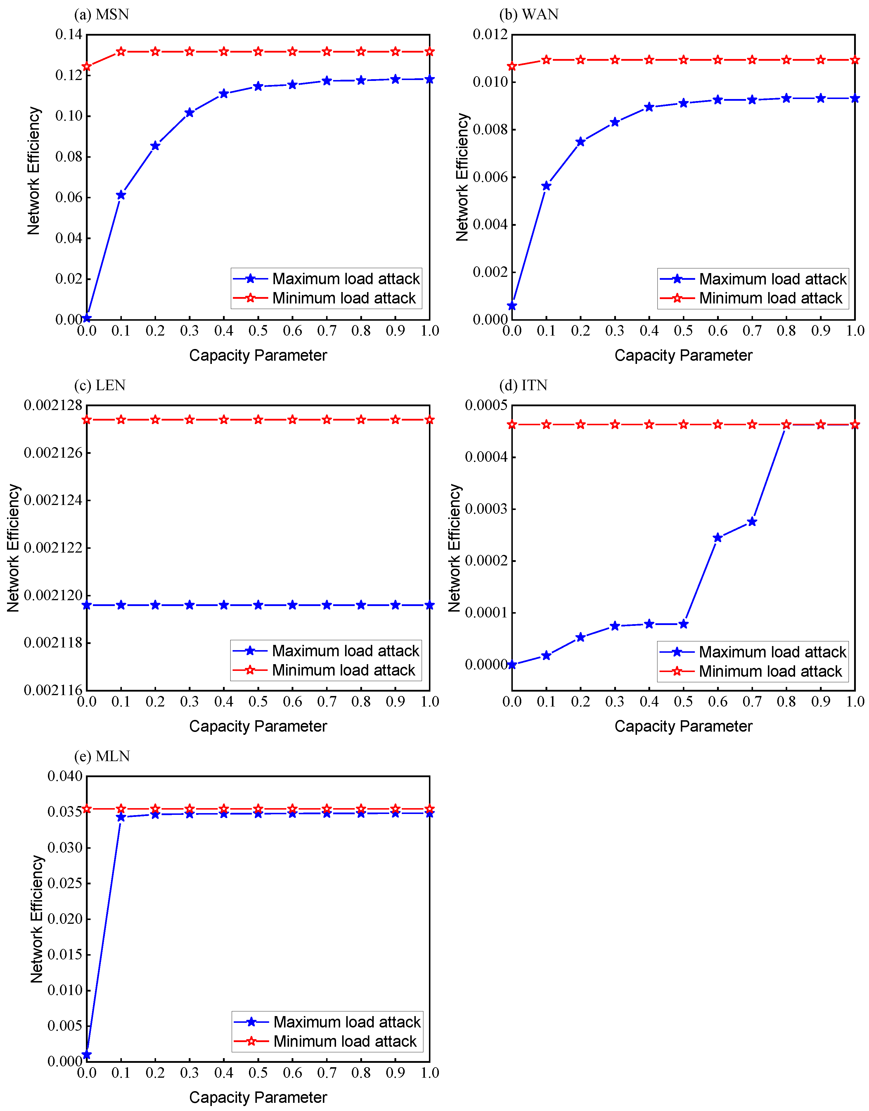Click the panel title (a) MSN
point(101,14)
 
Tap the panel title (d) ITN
point(523,385)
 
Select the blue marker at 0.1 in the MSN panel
point(121,195)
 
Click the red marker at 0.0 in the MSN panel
point(86,66)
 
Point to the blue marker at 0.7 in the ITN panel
point(752,521)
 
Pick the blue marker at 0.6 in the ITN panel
point(718,538)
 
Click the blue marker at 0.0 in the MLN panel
point(86,1055)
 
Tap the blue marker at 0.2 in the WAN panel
point(580,141)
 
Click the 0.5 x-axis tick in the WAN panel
point(683,331)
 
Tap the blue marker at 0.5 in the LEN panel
point(258,605)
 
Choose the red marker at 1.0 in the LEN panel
point(430,420)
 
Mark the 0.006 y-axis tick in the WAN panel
point(490,177)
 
